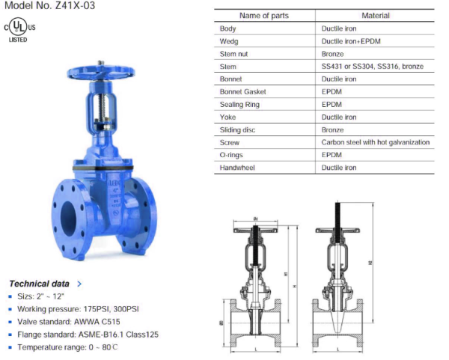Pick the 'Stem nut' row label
coord(235,53)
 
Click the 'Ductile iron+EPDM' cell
coord(350,40)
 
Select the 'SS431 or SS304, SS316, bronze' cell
coord(372,66)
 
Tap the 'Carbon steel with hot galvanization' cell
coord(375,142)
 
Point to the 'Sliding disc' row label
coord(239,129)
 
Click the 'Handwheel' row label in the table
coord(237,168)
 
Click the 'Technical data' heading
coord(39,284)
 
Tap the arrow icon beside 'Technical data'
coord(79,284)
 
